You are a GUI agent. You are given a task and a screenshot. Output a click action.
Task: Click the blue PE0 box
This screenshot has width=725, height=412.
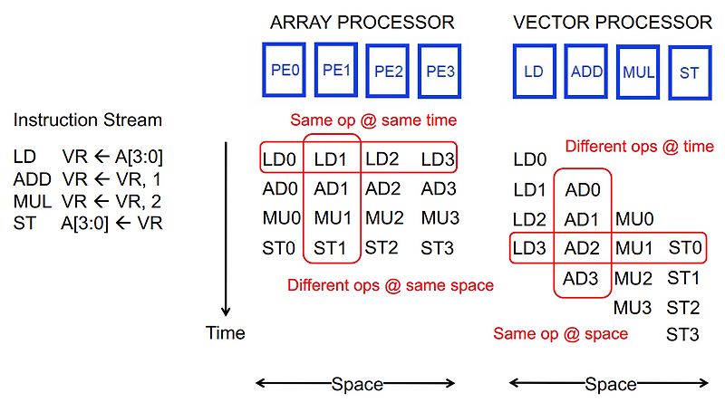click(285, 69)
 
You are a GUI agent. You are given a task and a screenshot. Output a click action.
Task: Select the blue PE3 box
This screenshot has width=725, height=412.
click(440, 71)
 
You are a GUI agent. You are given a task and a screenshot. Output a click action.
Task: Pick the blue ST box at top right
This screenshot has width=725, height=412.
click(690, 72)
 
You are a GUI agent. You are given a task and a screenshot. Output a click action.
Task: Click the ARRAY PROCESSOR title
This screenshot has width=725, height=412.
click(362, 22)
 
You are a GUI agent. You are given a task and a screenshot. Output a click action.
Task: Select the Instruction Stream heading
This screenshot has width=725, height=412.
click(88, 120)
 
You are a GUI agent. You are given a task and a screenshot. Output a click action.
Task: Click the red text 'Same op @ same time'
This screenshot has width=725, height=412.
click(373, 120)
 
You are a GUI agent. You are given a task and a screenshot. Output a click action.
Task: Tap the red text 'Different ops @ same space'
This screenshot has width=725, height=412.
click(391, 285)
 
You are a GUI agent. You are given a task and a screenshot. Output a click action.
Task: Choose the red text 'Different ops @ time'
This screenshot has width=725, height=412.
click(639, 146)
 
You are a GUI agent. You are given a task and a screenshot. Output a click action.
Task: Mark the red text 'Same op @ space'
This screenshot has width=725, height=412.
click(560, 334)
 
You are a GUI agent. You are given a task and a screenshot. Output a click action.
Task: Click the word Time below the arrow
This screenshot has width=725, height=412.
click(225, 333)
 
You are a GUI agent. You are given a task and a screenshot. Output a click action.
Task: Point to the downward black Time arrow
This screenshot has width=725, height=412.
click(225, 226)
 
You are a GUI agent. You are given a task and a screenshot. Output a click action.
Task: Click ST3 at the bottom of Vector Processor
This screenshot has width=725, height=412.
click(682, 335)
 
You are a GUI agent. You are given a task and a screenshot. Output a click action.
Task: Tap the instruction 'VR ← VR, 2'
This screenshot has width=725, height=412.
click(112, 200)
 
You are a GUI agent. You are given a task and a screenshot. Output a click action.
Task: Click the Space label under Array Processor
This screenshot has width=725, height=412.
click(357, 384)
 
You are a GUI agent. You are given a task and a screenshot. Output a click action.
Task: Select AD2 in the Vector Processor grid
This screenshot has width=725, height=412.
click(582, 247)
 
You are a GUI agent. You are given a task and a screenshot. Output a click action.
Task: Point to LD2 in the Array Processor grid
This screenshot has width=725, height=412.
click(383, 159)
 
